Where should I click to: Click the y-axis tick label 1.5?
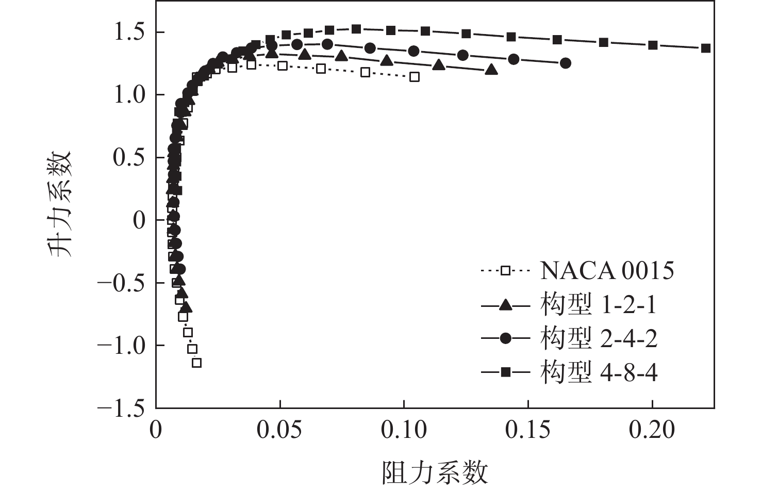click(128, 32)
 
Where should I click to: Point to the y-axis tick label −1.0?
click(121, 345)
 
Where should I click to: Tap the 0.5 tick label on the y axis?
click(128, 158)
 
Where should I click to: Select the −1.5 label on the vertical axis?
click(121, 408)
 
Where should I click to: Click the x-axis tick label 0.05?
click(280, 429)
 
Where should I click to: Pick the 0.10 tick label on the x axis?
click(404, 429)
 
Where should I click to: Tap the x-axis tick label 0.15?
click(528, 429)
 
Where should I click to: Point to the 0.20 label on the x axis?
click(652, 429)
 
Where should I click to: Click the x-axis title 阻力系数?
click(435, 472)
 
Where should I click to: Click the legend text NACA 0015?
click(607, 270)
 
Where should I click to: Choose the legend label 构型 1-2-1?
click(599, 305)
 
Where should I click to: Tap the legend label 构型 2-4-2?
click(599, 338)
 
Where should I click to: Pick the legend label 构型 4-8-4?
click(599, 372)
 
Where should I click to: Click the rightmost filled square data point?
click(706, 48)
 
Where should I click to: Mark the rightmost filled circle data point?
click(566, 63)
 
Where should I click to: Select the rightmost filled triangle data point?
click(491, 70)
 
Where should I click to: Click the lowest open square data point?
click(196, 363)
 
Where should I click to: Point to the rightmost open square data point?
click(414, 77)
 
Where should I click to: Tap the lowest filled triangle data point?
click(186, 307)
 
